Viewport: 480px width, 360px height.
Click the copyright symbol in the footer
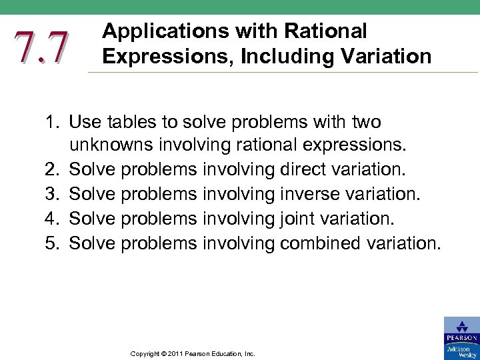pyautogui.click(x=159, y=354)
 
